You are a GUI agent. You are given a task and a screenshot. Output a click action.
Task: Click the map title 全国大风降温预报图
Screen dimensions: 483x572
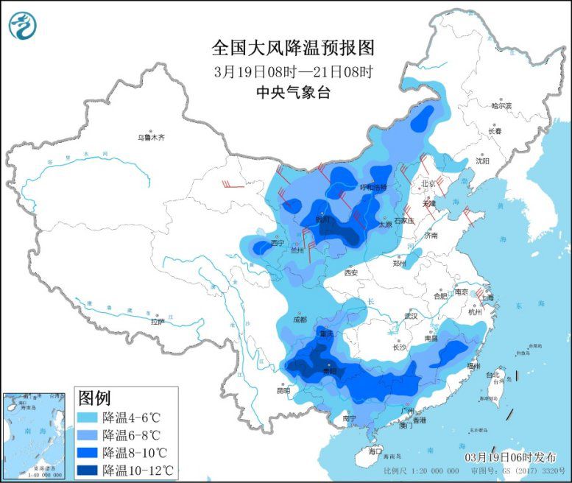293,48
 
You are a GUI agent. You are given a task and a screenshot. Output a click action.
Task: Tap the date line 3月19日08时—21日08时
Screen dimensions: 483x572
293,72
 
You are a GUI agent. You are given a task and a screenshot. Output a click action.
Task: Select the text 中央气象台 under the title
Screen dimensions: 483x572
293,92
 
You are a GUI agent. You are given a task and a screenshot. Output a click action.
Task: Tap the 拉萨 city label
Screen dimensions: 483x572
157,322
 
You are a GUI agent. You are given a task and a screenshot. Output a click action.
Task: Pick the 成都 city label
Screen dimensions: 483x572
299,320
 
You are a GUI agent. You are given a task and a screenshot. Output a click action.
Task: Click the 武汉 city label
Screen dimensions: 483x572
409,316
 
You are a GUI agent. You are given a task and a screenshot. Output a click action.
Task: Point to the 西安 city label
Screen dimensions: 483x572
352,273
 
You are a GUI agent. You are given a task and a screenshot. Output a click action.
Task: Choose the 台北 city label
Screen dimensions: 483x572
499,376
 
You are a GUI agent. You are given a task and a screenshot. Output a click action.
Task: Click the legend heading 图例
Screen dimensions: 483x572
94,399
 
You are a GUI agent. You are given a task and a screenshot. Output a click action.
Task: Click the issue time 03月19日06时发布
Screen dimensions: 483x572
510,457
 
